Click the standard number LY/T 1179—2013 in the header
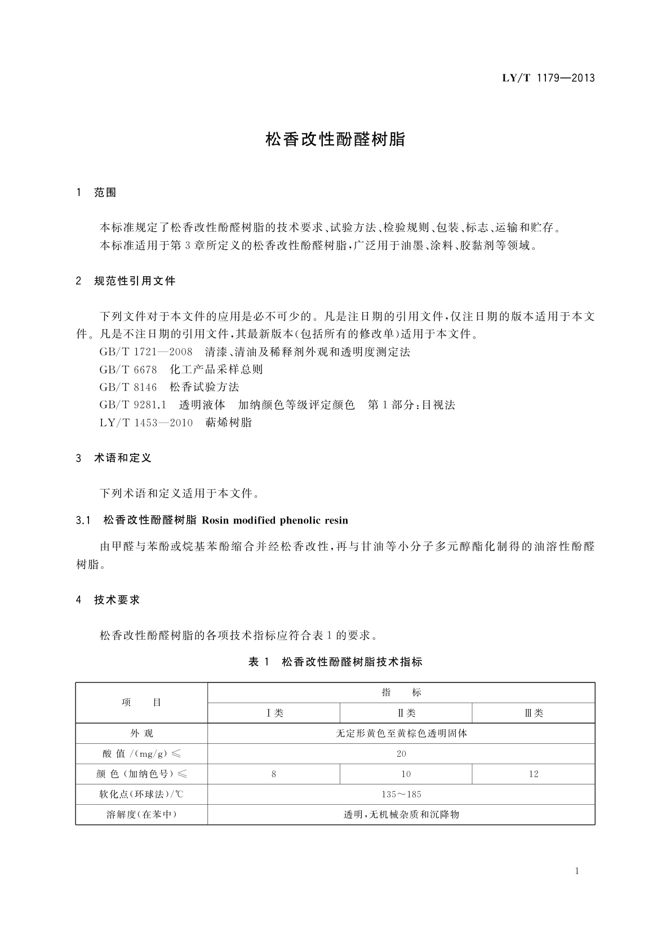(548, 78)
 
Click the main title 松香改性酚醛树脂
(335, 140)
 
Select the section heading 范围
(105, 193)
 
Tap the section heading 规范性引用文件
(135, 281)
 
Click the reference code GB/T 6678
(128, 370)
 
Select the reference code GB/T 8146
(128, 387)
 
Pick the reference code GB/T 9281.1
(133, 405)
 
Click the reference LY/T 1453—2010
(146, 423)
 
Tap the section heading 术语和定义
(123, 458)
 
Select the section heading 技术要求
(117, 600)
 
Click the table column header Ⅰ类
(274, 713)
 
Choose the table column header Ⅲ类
(534, 713)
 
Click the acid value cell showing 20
(401, 754)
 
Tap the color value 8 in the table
(274, 774)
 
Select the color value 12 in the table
(534, 774)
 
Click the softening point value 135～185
(401, 795)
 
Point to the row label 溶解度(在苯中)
(141, 815)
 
